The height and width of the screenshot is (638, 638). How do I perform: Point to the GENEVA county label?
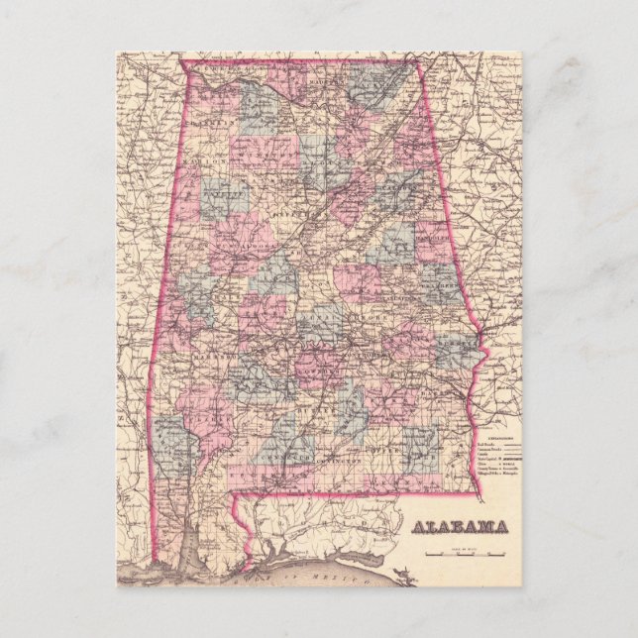396,482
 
